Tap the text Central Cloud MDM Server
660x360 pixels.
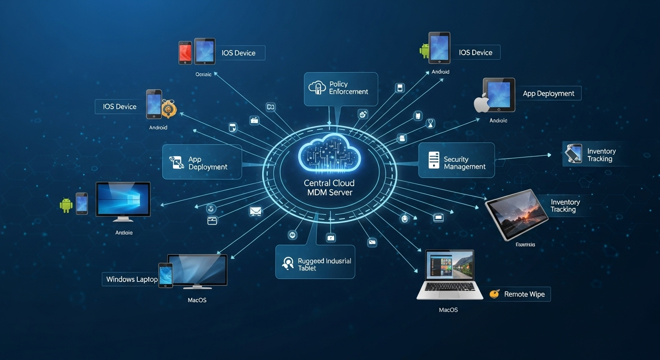point(329,187)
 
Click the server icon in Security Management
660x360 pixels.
point(434,160)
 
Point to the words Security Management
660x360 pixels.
point(464,163)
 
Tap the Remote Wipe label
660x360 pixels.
point(524,294)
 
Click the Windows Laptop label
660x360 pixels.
point(131,279)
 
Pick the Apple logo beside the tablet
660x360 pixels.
point(481,103)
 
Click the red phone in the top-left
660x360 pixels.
point(185,52)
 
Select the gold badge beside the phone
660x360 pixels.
point(168,109)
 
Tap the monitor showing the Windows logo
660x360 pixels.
point(123,200)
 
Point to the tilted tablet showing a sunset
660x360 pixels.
point(516,214)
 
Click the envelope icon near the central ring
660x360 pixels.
point(255,211)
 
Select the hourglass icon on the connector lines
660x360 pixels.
point(430,124)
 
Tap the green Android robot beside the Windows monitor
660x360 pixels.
point(66,205)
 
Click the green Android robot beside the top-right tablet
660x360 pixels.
point(424,51)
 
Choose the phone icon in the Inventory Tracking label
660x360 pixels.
point(573,154)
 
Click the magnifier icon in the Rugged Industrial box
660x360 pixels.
point(287,263)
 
